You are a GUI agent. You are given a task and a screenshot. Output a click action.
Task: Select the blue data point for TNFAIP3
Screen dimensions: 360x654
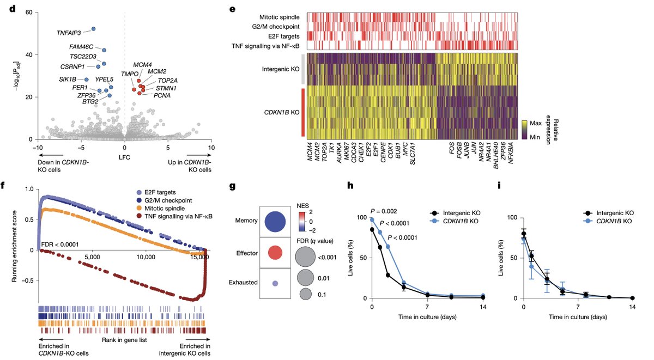point(93,29)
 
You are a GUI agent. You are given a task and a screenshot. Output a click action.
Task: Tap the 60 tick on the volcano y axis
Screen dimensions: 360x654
point(27,13)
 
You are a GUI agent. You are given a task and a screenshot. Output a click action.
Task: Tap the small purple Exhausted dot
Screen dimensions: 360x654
point(276,283)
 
